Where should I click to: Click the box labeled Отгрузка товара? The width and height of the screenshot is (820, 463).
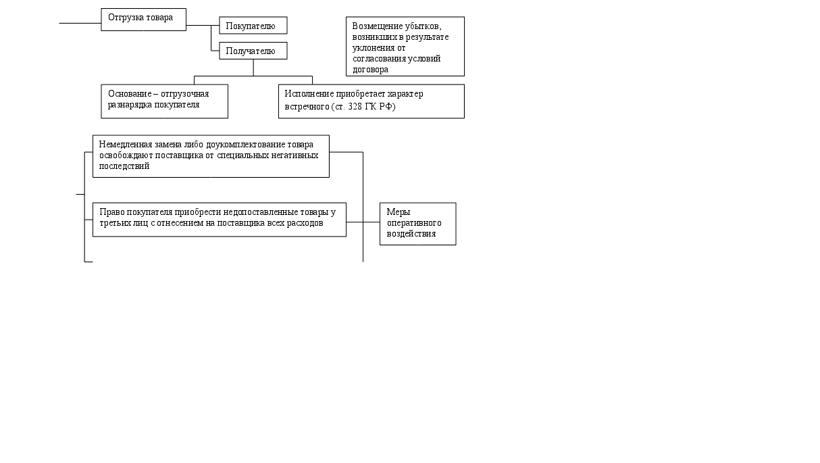(x=143, y=19)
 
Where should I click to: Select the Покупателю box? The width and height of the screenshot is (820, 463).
(x=253, y=26)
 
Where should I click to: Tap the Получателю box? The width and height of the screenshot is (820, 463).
(x=253, y=51)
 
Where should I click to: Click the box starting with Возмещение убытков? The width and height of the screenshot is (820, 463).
(x=405, y=46)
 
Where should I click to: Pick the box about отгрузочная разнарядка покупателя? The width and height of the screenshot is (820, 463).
(x=164, y=101)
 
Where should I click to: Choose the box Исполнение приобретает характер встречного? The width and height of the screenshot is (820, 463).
(x=371, y=101)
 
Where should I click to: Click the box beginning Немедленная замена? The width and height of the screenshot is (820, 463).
(x=211, y=156)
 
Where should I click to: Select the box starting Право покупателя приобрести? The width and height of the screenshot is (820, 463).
(x=219, y=219)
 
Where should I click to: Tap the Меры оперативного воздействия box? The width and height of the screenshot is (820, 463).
(x=417, y=223)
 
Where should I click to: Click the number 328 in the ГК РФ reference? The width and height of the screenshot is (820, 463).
(x=357, y=107)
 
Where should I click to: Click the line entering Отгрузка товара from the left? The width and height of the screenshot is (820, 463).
(x=80, y=23)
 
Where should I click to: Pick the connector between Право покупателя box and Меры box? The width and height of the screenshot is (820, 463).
(x=363, y=222)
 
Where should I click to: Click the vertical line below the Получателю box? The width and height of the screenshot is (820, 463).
(x=253, y=67)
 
